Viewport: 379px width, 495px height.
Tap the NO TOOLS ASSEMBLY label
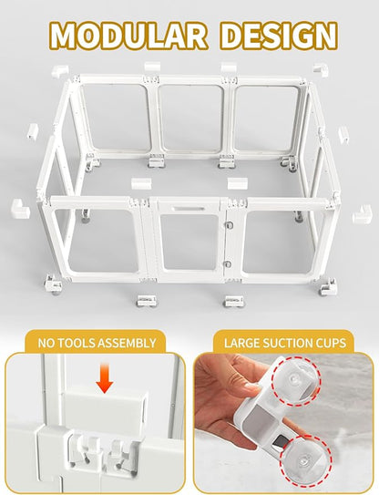[97, 344]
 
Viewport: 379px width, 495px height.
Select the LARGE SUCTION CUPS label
[282, 344]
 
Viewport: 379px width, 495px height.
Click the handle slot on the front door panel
[189, 216]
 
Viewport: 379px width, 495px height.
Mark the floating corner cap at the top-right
[321, 69]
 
